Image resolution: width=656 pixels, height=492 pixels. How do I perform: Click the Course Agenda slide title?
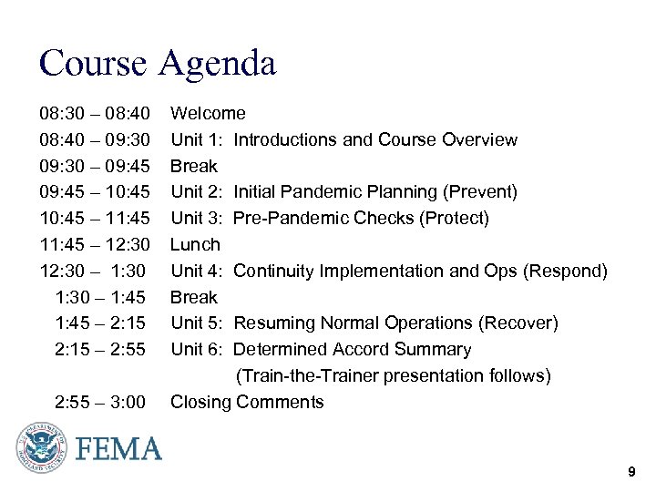click(157, 64)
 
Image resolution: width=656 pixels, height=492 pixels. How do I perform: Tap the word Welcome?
click(208, 114)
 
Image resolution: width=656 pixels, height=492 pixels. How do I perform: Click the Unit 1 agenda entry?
click(343, 140)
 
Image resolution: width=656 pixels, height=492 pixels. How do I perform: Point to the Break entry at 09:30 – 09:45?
click(194, 167)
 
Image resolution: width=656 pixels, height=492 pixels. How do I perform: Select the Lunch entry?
click(195, 245)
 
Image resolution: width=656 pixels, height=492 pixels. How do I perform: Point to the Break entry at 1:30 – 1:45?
click(194, 298)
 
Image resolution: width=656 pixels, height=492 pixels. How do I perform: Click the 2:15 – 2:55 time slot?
click(100, 350)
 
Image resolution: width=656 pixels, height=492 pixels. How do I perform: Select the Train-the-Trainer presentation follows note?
click(394, 376)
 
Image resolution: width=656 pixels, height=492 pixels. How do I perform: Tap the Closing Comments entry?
click(247, 403)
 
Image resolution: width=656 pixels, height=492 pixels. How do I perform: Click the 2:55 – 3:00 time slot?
click(100, 403)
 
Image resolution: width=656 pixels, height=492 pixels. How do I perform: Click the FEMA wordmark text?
click(118, 449)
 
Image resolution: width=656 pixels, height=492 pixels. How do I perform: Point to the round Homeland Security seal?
click(42, 448)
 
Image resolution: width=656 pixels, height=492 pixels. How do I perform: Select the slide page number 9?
click(630, 472)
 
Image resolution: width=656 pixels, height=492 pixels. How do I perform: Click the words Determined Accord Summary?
click(353, 350)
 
